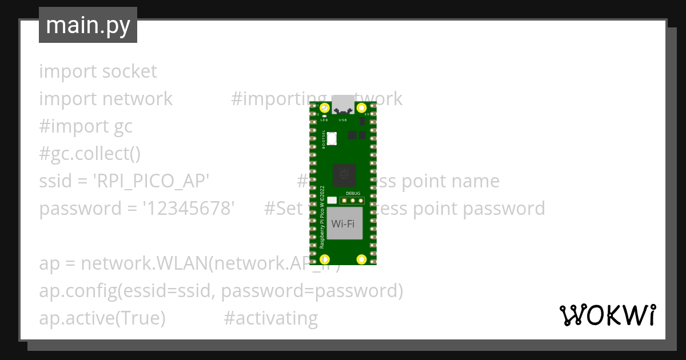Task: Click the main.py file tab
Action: tap(88, 26)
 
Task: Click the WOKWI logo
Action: tap(607, 315)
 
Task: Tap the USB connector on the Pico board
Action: tap(343, 104)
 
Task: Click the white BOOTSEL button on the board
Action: tap(333, 138)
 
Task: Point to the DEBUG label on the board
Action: tap(353, 194)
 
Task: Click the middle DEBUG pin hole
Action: tap(353, 201)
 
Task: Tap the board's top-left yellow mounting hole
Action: tap(324, 108)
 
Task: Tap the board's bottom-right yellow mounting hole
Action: tap(361, 259)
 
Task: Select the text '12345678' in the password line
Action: tap(189, 209)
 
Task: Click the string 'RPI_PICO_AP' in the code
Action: tap(152, 181)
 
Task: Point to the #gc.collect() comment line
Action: tap(90, 154)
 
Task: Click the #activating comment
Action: tap(271, 318)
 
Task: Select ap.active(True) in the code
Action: tap(102, 318)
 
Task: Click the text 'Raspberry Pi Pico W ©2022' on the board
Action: tap(322, 217)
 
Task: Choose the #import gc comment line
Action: tap(86, 126)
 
